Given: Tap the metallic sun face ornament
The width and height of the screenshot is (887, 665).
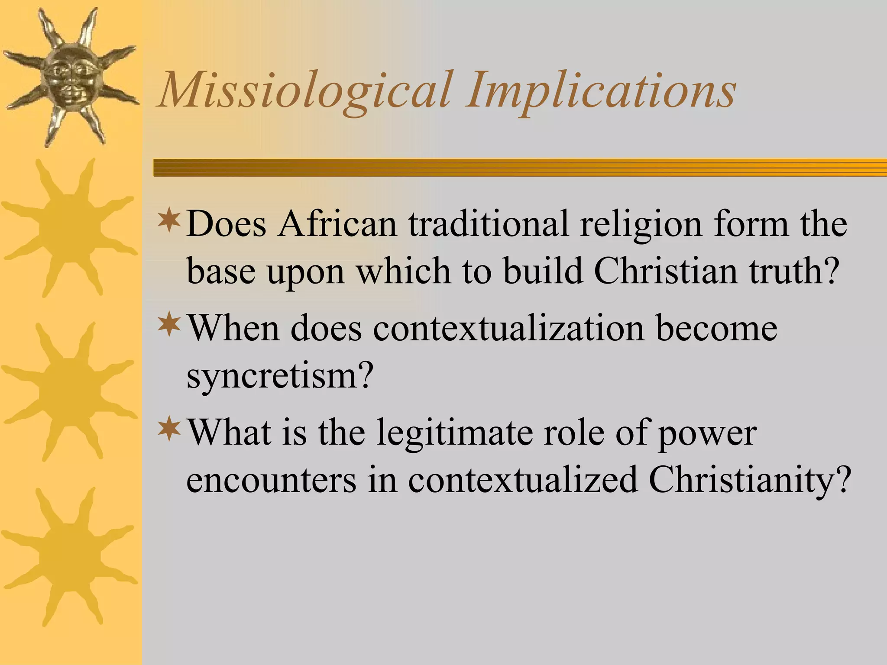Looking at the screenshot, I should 69,78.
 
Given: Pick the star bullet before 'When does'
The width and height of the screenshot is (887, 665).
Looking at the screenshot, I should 169,326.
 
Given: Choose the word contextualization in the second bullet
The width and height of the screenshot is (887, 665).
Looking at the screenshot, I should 508,329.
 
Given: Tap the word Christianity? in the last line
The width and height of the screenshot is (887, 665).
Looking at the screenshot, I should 748,481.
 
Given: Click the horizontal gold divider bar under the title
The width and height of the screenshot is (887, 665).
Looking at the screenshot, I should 520,168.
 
